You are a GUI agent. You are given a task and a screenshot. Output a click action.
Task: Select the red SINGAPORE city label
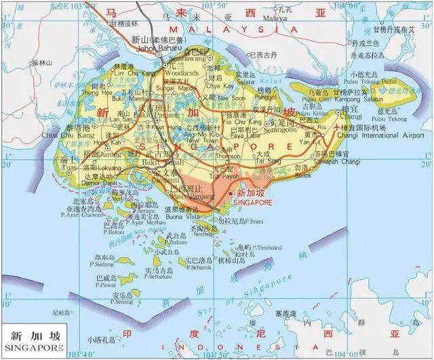(252, 202)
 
